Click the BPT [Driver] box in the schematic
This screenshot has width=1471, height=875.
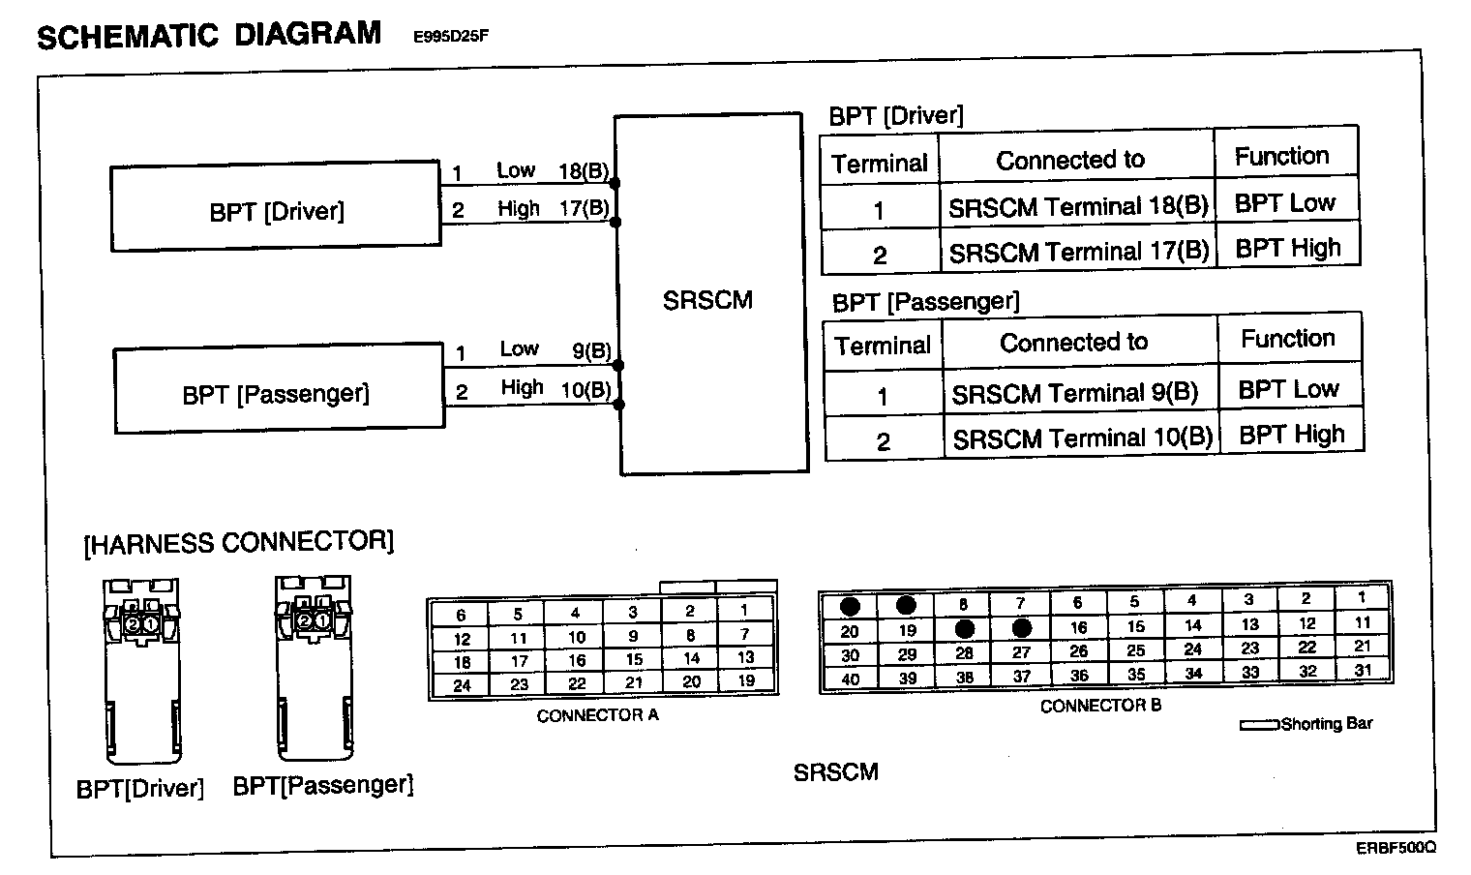tap(276, 210)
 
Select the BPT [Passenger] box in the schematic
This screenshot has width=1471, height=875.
tap(279, 392)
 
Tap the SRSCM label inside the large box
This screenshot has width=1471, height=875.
tap(707, 300)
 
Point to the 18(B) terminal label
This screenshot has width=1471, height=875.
tap(584, 171)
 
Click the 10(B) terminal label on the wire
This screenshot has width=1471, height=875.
tap(585, 389)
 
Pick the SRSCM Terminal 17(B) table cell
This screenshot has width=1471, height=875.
tap(1078, 253)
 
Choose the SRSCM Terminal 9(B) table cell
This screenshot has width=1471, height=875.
tap(1075, 394)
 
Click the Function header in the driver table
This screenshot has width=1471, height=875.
tap(1281, 156)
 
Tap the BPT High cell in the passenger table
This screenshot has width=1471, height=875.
tap(1292, 435)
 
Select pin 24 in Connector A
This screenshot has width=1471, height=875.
tap(462, 685)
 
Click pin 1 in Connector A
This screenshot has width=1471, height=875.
tap(744, 611)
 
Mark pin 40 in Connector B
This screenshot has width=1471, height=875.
tap(850, 679)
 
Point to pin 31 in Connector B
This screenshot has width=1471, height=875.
tap(1363, 670)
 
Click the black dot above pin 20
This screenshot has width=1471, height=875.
tap(850, 607)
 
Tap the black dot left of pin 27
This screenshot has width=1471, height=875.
tap(964, 627)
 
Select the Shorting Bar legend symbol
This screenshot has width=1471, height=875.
tap(1259, 725)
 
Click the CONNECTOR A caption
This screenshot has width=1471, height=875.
tap(597, 715)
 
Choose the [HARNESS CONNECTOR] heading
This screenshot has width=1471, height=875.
tap(239, 541)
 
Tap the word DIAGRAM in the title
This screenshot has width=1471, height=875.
tap(308, 34)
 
